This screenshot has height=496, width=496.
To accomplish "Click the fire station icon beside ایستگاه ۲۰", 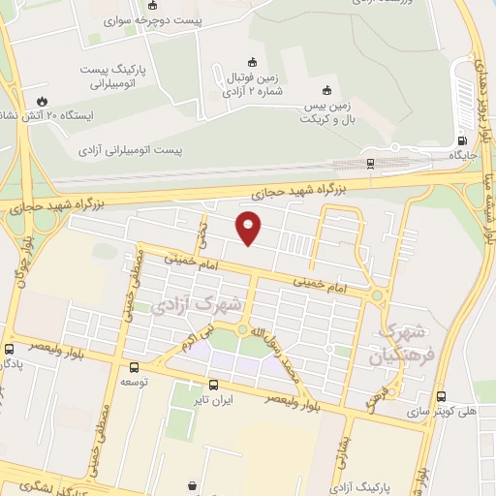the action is [x=41, y=100].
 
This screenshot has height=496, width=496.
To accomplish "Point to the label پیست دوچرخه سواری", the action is [x=145, y=19].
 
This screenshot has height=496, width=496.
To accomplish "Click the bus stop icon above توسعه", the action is [x=134, y=367].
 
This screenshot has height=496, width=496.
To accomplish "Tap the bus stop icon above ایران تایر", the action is [x=214, y=384].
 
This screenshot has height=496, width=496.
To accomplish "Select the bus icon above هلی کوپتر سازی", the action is [x=441, y=396].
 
